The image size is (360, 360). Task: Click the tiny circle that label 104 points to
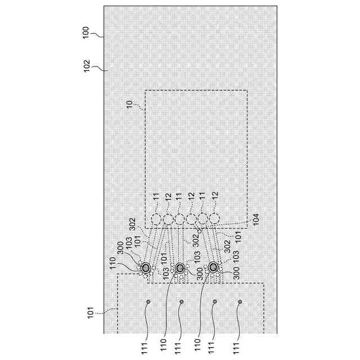pos(199,229)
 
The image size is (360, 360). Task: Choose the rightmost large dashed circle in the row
pos(214,219)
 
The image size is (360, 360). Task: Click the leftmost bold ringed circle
pos(146,268)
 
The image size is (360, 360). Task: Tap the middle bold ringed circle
pos(180,268)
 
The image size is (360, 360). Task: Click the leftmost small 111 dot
pos(148,302)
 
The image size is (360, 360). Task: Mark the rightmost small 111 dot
pos(240,302)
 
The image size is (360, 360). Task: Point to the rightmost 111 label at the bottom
pos(237,348)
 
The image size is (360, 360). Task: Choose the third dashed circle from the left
pos(179,219)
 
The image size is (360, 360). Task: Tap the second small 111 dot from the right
pos(215,302)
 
